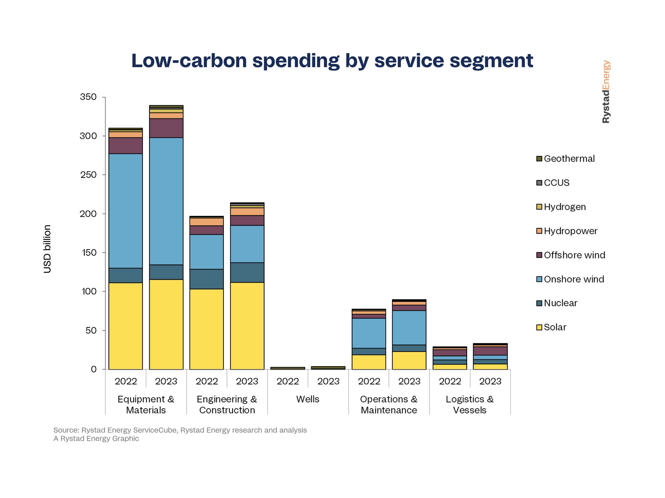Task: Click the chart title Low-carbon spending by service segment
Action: coord(332,61)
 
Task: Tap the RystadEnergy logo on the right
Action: coord(606,92)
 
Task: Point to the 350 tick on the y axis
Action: coord(88,97)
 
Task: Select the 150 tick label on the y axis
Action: coord(89,252)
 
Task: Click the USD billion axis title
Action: coord(47,249)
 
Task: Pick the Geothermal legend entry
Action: coord(569,159)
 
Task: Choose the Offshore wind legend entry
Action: coord(574,255)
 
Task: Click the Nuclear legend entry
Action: coord(561,303)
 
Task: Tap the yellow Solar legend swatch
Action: coord(539,327)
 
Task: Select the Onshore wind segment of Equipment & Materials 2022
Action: coord(125,211)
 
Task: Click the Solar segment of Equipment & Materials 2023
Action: coord(166,324)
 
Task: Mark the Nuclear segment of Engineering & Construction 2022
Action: coord(207,279)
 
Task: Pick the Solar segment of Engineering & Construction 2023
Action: coord(247,326)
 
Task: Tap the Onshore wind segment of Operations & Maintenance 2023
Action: coord(409,327)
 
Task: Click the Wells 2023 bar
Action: coord(328,367)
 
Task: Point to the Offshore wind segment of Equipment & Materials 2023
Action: coord(166,128)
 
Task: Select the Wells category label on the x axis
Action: coord(308,399)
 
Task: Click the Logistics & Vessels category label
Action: coord(470,404)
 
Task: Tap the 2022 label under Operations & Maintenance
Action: coord(369,381)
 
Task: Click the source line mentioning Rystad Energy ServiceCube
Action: coord(180,430)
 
